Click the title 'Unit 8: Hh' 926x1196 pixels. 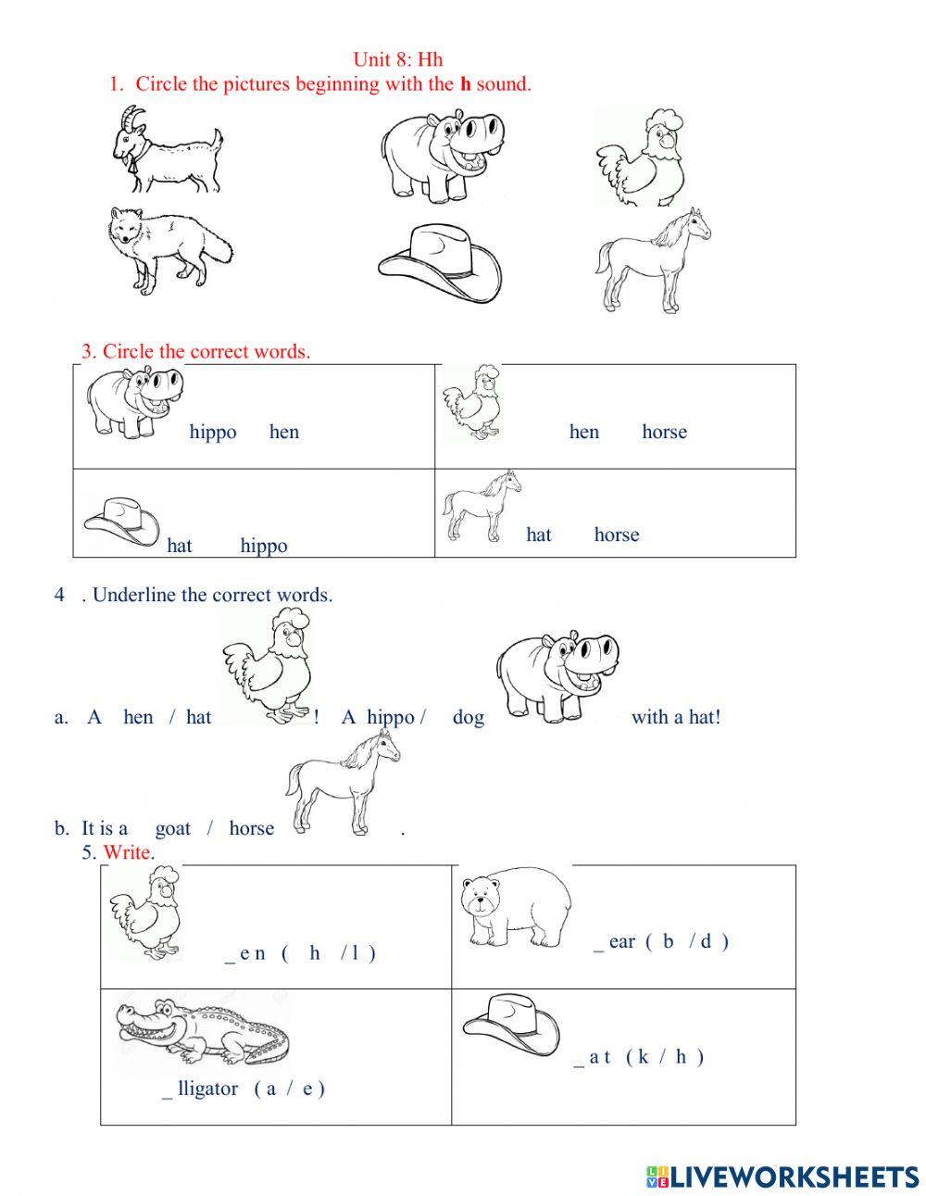(398, 59)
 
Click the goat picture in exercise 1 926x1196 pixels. (167, 151)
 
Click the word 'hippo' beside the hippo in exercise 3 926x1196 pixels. (213, 432)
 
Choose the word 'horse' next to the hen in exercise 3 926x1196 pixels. (664, 432)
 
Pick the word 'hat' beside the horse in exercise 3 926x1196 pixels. (538, 535)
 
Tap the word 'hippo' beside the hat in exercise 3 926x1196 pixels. (264, 546)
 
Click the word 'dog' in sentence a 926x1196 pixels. (468, 717)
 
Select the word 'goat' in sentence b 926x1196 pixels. (173, 828)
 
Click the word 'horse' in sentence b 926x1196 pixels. (251, 828)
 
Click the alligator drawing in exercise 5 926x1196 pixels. (202, 1031)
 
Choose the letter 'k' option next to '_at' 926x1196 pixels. (642, 1056)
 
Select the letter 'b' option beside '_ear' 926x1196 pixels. (668, 941)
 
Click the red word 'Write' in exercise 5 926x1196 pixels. (127, 852)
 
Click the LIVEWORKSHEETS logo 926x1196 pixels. (782, 1177)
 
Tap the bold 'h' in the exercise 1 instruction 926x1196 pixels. (466, 84)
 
